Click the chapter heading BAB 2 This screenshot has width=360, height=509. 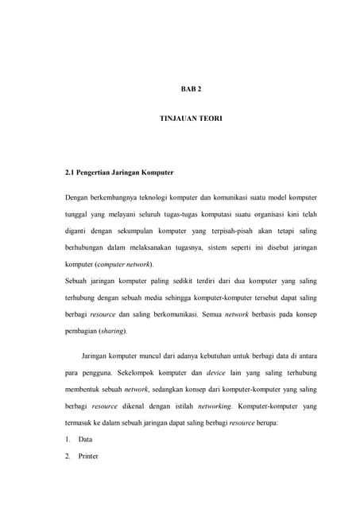[x=183, y=90]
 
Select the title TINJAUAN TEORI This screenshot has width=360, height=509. [x=183, y=119]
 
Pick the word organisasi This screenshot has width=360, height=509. [x=261, y=215]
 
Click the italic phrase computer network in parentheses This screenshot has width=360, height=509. [x=126, y=263]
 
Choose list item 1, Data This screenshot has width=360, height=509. [x=85, y=439]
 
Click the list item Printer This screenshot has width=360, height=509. [x=87, y=457]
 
